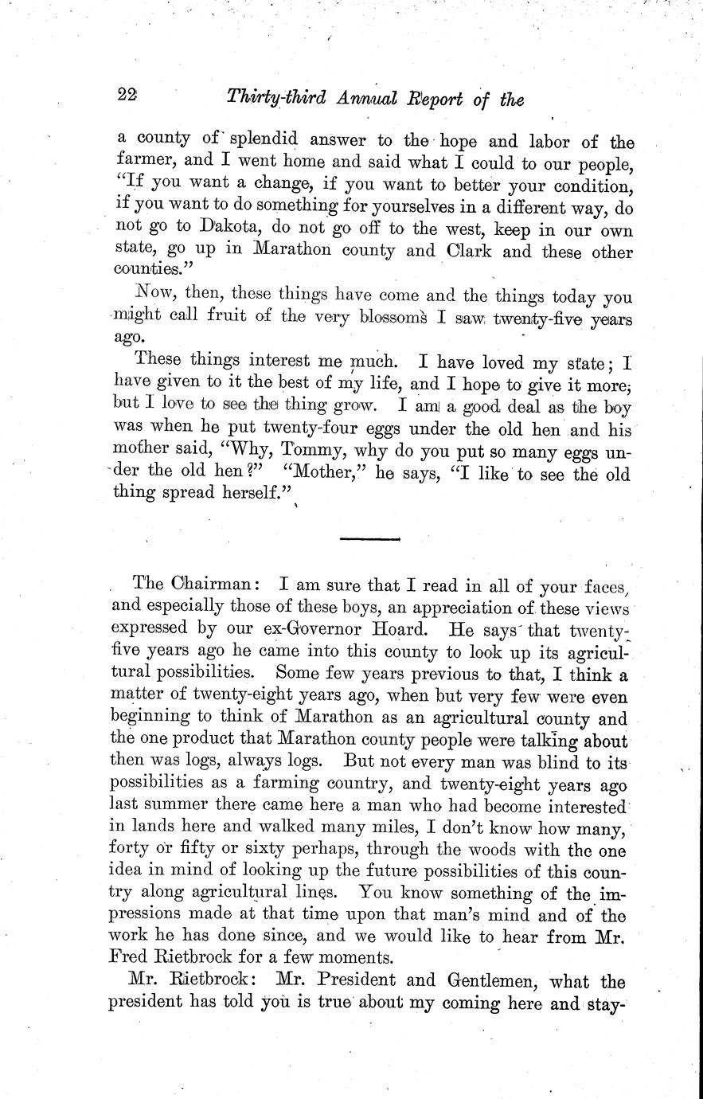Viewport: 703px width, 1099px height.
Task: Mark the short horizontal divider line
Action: click(x=369, y=540)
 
